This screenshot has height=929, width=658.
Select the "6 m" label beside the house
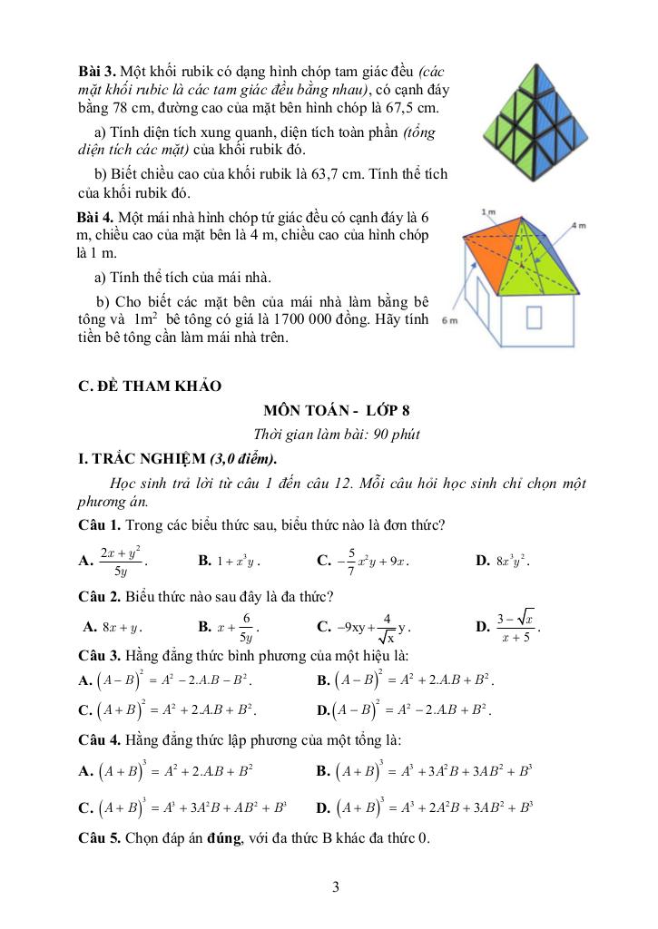(x=447, y=321)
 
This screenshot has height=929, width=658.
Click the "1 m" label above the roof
(x=489, y=212)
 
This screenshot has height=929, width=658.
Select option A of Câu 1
(x=113, y=561)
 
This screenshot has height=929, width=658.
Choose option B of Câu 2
(x=230, y=626)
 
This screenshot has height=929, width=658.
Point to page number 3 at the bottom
(x=336, y=886)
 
